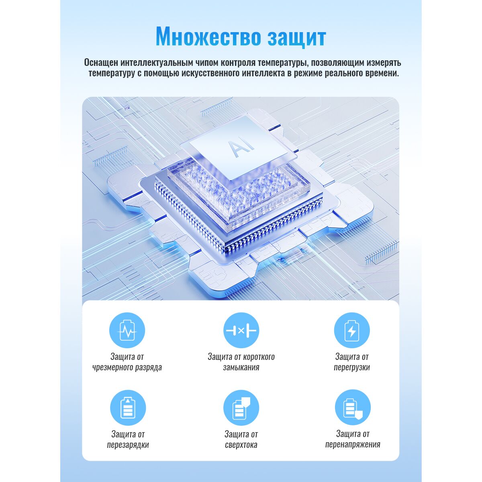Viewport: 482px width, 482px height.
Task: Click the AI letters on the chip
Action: (x=243, y=149)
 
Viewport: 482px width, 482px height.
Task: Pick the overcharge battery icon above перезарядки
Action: (x=128, y=408)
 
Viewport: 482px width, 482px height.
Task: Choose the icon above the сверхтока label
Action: (x=241, y=408)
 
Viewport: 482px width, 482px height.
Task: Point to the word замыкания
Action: (x=241, y=368)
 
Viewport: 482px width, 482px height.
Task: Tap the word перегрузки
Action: (x=352, y=368)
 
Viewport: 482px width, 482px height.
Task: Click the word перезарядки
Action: (x=128, y=445)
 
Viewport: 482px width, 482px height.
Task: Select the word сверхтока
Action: (x=241, y=445)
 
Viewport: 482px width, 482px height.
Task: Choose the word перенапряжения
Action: (x=353, y=445)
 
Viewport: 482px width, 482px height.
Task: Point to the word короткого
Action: (x=259, y=357)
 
